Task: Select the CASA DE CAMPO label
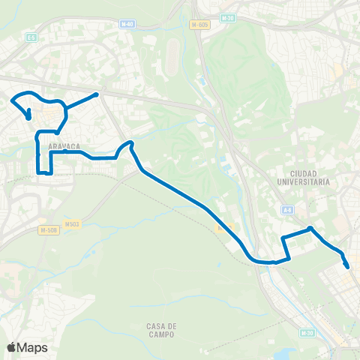coord(161,331)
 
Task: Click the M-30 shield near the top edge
coord(228,17)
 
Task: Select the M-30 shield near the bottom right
coord(305,333)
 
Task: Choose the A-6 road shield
coord(287,210)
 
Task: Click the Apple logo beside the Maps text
coord(11,347)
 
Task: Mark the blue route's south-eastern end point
coord(347,266)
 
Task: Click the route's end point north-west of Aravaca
coord(28,117)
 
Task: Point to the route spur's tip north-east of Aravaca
coord(98,94)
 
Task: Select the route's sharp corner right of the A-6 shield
coord(310,229)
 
